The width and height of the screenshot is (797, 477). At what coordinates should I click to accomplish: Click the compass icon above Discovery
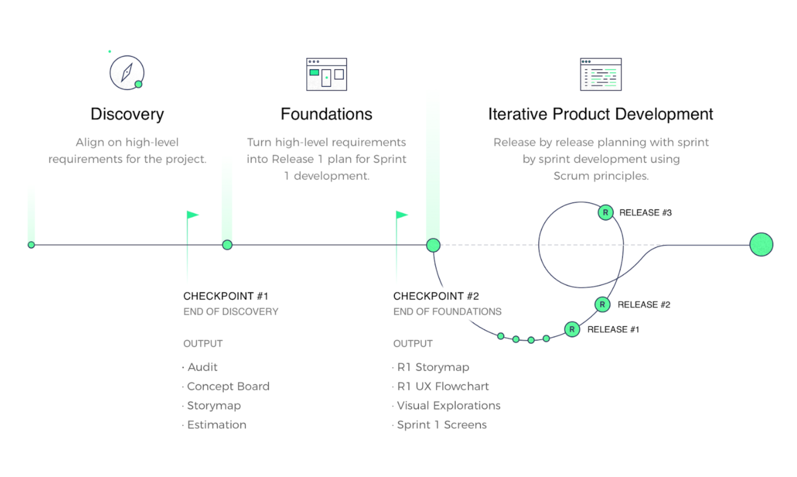coord(127,72)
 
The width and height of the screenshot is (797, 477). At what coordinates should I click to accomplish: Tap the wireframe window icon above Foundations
coord(327,74)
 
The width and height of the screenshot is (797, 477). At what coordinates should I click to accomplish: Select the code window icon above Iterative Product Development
coord(601,74)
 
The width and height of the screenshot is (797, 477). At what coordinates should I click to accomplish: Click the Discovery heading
coord(127,114)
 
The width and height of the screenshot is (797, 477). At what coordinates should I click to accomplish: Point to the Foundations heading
coord(327,114)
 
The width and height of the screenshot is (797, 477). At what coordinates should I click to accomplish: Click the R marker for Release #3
coord(605,213)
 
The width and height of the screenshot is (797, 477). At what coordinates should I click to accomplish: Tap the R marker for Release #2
coord(602,304)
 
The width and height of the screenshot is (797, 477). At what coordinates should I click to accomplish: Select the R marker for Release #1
coord(572,329)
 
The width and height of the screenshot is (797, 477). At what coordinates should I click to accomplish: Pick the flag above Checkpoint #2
coord(402,215)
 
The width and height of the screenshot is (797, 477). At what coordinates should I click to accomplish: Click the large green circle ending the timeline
coord(761,244)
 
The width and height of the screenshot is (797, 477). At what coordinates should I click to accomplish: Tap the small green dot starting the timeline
coord(31,245)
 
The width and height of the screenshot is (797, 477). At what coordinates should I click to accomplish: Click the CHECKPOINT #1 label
coord(226,296)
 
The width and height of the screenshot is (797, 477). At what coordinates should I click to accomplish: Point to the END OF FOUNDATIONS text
coord(447,312)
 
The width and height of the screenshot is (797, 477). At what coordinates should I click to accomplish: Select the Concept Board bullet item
coord(228,386)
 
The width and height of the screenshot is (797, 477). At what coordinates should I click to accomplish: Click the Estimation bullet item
coord(217,424)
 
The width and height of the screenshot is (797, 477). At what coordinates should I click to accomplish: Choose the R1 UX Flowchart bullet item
coord(443,386)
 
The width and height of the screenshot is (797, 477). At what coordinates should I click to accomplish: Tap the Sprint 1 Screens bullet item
coord(442,424)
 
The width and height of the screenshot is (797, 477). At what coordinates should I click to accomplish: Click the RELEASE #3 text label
coord(645,213)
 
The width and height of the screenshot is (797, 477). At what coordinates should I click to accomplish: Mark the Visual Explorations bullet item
coord(449,405)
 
